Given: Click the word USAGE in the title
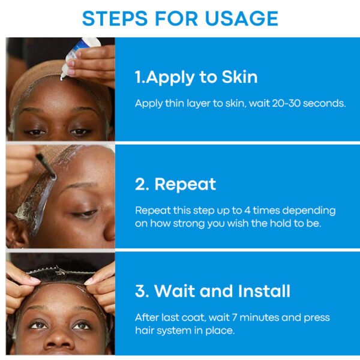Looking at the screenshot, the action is (x=241, y=19).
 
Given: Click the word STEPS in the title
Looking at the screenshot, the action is (x=115, y=19).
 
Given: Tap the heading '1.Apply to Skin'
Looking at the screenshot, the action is (x=196, y=77).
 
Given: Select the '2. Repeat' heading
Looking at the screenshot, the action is (x=176, y=184).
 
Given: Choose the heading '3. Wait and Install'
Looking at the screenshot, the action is (x=213, y=291).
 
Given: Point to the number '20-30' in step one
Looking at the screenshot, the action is (x=286, y=103).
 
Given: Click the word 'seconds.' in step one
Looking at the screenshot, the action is (x=324, y=103).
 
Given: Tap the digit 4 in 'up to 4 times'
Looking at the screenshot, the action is (x=247, y=211).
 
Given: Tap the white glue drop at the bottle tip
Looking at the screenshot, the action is (x=62, y=78).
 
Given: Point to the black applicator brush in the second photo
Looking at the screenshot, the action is (x=46, y=166).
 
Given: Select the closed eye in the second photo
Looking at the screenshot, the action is (x=85, y=213).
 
